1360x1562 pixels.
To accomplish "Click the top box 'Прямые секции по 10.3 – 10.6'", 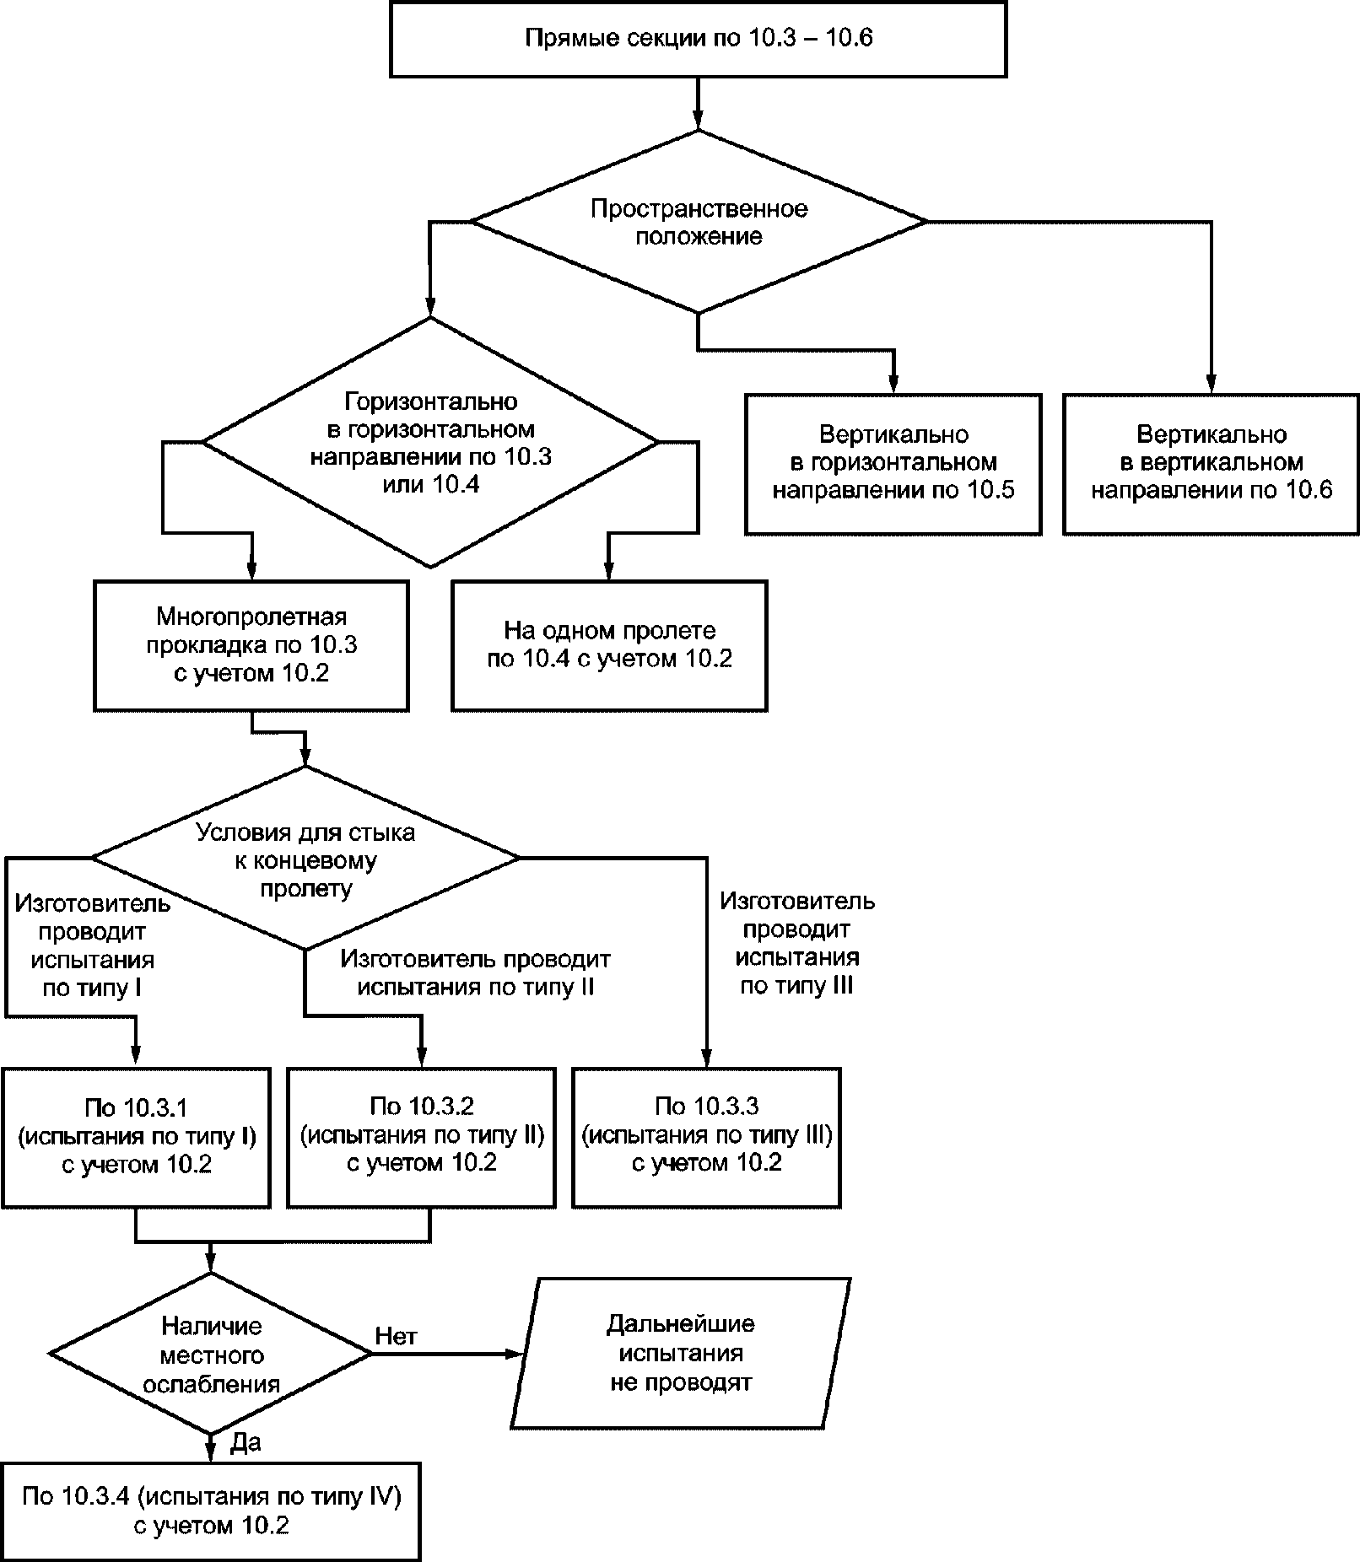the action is click(698, 39).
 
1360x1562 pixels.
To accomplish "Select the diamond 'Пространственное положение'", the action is click(699, 222).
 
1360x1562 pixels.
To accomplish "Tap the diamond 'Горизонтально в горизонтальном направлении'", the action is click(430, 442).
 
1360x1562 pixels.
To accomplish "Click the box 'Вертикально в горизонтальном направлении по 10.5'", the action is click(893, 464).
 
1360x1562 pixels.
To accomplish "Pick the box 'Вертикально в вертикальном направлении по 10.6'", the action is click(1211, 464).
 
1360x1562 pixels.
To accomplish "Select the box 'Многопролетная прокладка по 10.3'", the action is click(251, 645).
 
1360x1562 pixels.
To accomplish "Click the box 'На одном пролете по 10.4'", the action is click(609, 645).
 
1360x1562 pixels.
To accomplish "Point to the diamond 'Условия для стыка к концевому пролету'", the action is click(305, 858).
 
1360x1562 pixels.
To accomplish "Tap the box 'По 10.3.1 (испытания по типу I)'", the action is click(136, 1137).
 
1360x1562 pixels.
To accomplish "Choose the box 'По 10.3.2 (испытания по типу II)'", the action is click(422, 1137).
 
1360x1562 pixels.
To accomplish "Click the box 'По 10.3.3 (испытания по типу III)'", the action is click(707, 1137).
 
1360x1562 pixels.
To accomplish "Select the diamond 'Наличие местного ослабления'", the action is click(211, 1355).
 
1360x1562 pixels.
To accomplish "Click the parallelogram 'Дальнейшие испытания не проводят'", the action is click(680, 1353).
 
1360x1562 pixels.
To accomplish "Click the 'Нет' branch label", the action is click(396, 1336).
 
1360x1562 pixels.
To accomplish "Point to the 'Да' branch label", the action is click(245, 1443).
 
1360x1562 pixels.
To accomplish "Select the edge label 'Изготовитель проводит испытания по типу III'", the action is click(797, 943).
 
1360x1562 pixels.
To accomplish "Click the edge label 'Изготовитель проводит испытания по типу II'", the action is click(476, 972).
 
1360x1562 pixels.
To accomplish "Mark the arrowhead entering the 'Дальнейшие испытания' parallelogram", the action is click(515, 1354).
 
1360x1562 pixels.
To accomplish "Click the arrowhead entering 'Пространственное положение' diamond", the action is click(698, 121).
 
